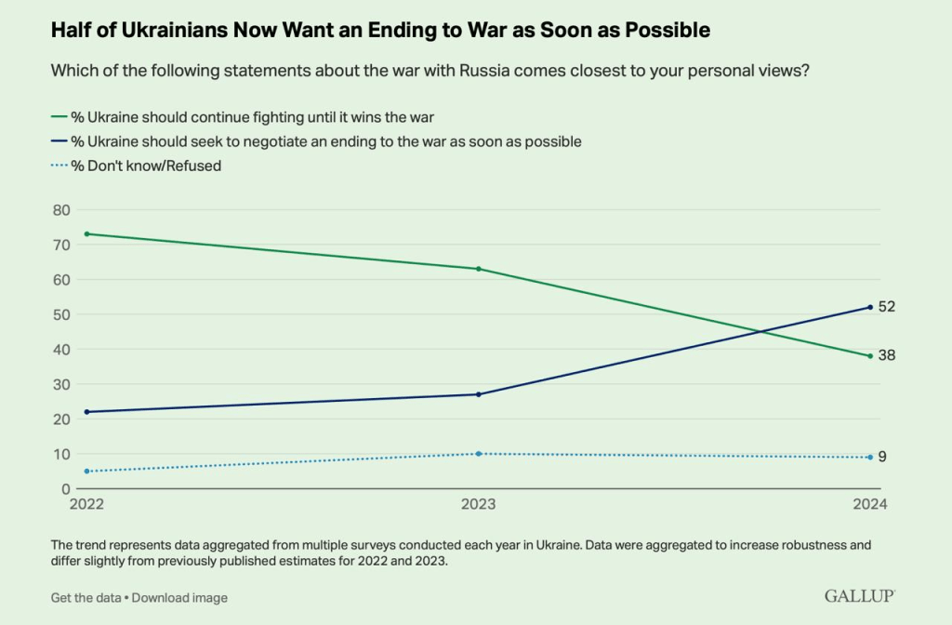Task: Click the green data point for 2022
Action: click(86, 233)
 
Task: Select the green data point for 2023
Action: click(478, 269)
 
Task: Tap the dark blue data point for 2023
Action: click(478, 394)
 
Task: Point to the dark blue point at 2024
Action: click(870, 307)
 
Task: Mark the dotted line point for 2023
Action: click(478, 454)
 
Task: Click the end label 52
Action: click(886, 307)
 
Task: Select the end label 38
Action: click(886, 355)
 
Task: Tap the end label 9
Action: click(882, 457)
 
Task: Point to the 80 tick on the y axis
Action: click(60, 210)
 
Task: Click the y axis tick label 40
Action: click(60, 350)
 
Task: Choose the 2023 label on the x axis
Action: click(478, 505)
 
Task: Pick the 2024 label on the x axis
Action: click(870, 505)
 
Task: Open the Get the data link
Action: click(86, 597)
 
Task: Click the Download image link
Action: click(179, 597)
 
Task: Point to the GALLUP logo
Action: click(861, 595)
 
